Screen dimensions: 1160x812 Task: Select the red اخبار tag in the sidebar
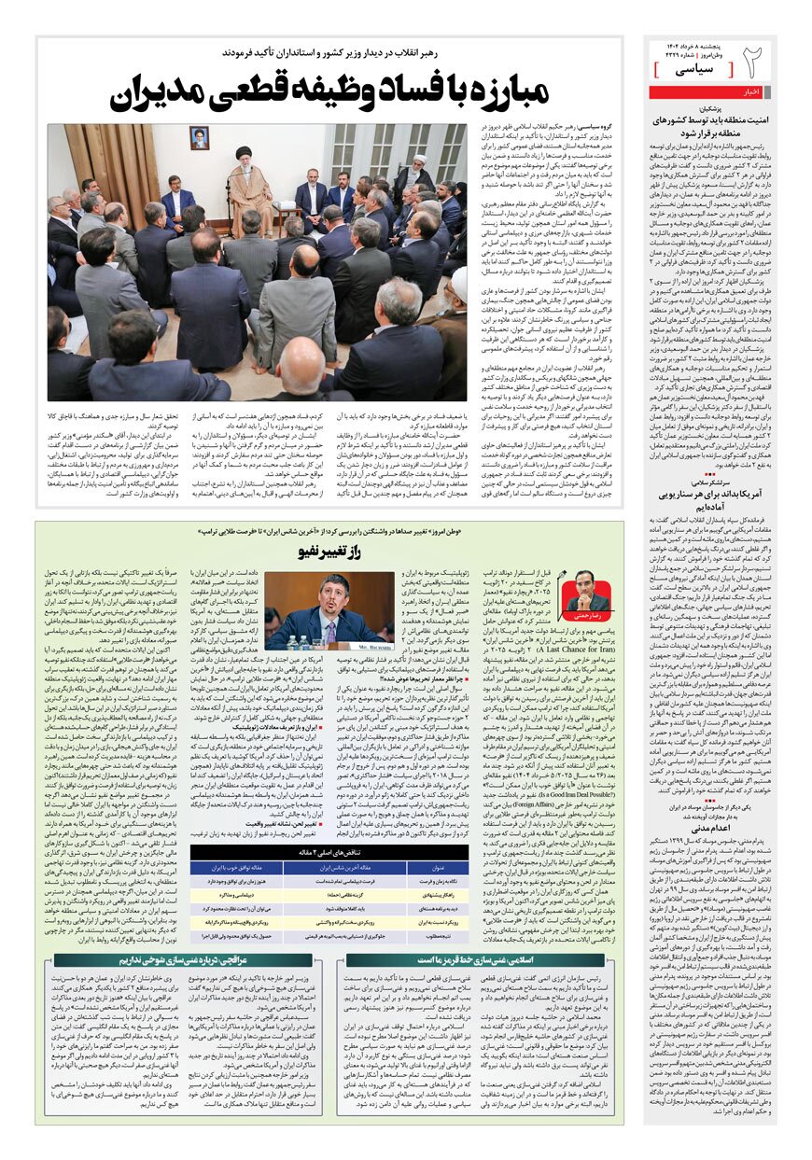[x=752, y=91]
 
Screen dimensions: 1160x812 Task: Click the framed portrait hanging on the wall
[x=199, y=138]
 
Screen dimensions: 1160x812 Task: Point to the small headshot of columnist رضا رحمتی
[x=587, y=589]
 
